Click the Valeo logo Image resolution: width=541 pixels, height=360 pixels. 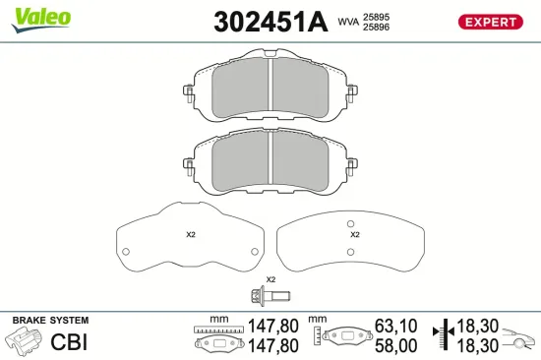click(41, 20)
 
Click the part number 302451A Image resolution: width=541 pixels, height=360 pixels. click(270, 22)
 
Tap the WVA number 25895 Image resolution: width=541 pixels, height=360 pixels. click(376, 17)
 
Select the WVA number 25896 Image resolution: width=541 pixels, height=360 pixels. click(376, 27)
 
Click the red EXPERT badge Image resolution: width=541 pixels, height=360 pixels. click(490, 22)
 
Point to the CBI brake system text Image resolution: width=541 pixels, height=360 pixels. click(69, 341)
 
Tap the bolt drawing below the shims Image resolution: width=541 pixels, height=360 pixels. click(270, 296)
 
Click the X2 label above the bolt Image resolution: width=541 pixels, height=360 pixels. click(270, 279)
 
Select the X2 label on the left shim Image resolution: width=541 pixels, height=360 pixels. click(191, 235)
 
